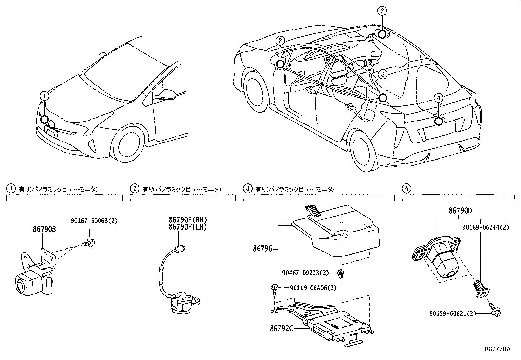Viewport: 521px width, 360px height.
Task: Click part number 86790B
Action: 44,230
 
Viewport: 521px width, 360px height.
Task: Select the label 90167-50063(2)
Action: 94,221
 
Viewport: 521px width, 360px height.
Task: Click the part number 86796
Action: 262,249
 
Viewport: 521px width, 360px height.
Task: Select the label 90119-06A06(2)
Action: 313,288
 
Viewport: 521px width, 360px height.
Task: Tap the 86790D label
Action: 460,211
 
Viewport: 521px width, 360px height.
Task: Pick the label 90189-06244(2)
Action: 486,227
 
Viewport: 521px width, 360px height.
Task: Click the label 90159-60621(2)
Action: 453,313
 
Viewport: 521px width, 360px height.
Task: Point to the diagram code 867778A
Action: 497,349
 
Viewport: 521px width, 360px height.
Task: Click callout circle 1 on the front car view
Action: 45,96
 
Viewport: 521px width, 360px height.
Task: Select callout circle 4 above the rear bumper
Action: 439,97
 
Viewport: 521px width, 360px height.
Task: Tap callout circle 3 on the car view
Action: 383,74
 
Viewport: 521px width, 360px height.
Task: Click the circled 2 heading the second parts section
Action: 135,189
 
